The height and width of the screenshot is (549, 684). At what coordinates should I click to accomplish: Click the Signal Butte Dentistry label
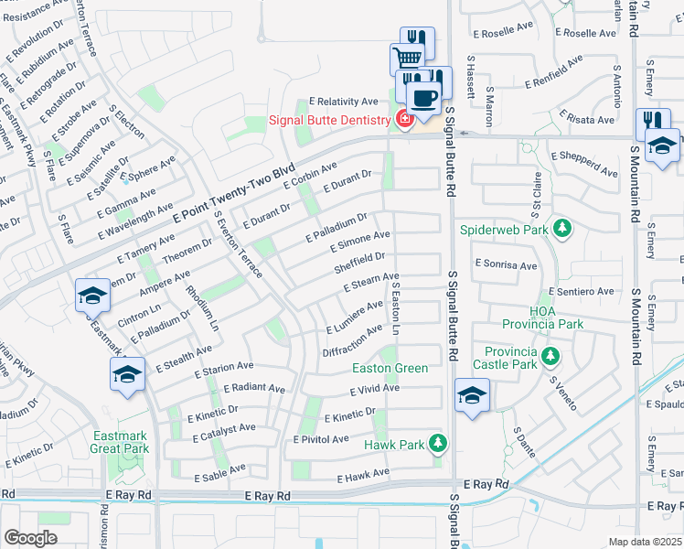329,121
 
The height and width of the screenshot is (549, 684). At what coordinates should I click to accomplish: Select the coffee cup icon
423,97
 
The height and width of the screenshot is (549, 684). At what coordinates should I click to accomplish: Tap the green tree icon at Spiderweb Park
564,229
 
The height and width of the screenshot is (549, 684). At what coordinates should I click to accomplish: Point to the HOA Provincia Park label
541,318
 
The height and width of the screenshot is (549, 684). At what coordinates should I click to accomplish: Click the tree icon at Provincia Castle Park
550,356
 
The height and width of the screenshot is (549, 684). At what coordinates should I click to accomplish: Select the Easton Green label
390,369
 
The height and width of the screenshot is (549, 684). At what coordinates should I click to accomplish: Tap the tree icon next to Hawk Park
437,445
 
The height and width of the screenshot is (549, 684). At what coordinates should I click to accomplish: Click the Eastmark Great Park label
120,442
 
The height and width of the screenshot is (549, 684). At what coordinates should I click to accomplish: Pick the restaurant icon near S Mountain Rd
652,122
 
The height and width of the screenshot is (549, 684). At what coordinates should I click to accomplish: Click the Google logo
30,537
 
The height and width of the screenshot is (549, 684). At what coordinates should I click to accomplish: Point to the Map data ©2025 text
644,541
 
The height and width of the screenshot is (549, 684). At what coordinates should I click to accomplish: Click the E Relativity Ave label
343,102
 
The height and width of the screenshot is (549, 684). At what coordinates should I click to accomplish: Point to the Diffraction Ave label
352,340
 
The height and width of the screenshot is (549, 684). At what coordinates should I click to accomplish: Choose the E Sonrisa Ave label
505,264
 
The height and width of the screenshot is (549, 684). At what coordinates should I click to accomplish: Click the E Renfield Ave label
553,72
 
